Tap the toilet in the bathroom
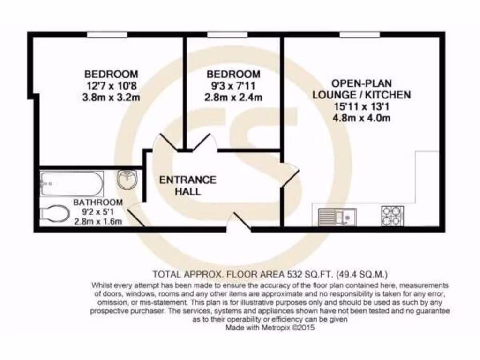[55, 214]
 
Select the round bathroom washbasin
[127, 180]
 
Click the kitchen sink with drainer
[337, 217]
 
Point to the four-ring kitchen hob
[392, 216]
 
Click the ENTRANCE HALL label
[187, 186]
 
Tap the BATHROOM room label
[98, 202]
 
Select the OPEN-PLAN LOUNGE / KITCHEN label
[361, 89]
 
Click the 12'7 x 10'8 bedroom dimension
[111, 86]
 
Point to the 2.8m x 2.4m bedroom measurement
[233, 98]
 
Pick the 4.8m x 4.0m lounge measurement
[361, 118]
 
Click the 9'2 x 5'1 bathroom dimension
[98, 212]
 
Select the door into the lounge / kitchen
[290, 175]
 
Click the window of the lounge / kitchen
[359, 34]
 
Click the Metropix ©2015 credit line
[270, 328]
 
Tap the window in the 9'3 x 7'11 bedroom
[227, 34]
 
